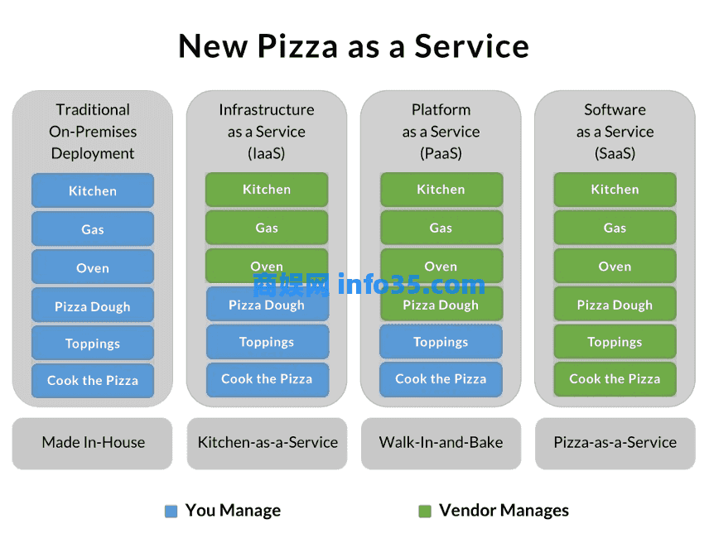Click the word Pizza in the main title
297,46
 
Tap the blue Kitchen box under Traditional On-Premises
93,190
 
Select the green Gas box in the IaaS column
267,228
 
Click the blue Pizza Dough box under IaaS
268,305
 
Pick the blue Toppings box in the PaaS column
441,342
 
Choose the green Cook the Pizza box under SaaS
615,379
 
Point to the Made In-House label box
93,443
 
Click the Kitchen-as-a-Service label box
268,443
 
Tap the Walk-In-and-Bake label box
441,443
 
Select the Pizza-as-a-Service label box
615,443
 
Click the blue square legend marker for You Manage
171,512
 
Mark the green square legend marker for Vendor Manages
425,512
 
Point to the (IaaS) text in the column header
267,153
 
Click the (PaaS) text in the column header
441,153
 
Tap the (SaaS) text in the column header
615,153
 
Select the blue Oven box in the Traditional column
93,267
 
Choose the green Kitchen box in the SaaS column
615,190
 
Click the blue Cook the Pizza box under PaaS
441,379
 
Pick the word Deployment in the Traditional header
93,154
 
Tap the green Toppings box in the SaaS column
615,342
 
